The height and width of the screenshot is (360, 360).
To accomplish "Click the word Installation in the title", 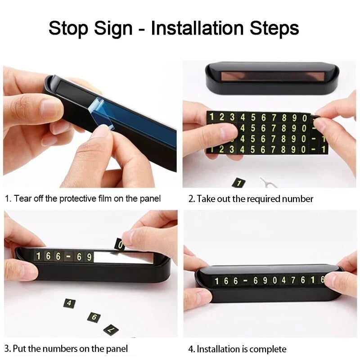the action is click(197, 28).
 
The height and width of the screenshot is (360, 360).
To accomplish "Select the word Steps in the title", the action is click(274, 29).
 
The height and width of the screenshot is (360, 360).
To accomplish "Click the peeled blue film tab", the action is click(101, 113).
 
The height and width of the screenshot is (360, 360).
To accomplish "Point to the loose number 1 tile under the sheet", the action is click(239, 183).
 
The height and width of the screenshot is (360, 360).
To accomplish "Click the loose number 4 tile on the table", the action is click(69, 303).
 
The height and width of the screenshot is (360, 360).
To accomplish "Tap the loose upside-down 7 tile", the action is click(111, 330).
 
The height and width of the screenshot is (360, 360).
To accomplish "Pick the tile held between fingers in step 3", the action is click(120, 245).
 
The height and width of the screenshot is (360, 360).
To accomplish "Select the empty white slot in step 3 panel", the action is click(123, 257).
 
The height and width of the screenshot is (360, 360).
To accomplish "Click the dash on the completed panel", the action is click(245, 280).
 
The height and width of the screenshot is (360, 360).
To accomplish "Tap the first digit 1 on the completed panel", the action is click(216, 281).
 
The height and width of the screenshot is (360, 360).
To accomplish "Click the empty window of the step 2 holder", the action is click(273, 76).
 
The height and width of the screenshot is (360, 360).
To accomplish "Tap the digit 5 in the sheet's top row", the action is click(253, 117).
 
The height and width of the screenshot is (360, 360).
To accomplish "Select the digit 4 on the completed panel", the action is click(284, 280).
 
